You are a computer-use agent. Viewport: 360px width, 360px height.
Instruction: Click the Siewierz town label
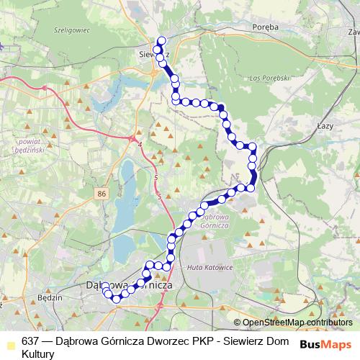click(x=153, y=53)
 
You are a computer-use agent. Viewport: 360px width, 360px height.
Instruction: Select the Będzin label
click(x=50, y=297)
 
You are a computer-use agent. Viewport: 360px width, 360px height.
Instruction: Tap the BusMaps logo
click(x=327, y=345)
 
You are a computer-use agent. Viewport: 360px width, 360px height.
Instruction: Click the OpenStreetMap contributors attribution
click(x=297, y=323)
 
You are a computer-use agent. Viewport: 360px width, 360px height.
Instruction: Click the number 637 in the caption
click(x=30, y=341)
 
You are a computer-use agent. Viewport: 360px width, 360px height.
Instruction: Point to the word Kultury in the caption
click(x=38, y=354)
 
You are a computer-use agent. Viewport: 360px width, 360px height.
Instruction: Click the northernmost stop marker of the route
click(x=161, y=41)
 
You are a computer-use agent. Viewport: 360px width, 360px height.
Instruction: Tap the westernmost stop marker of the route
click(x=105, y=287)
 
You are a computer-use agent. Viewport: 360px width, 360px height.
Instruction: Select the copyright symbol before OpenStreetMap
click(x=237, y=323)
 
